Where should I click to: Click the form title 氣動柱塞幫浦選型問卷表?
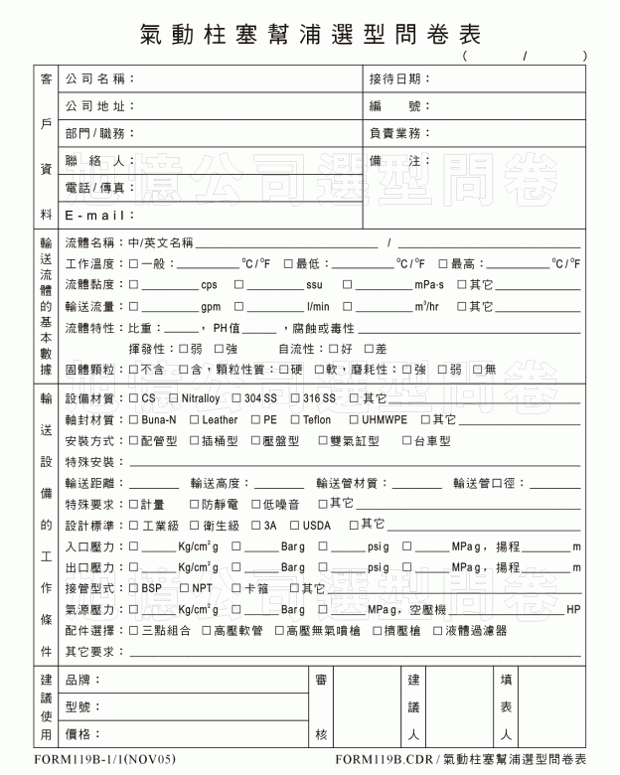pos(312,34)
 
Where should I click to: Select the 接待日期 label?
pos(399,78)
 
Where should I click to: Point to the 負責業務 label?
pos(399,133)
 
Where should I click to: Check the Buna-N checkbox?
pos(134,419)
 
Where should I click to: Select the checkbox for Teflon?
pos(294,419)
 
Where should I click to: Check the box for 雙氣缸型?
pos(323,440)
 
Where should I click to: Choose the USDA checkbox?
pos(294,525)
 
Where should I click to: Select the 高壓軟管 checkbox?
pos(207,630)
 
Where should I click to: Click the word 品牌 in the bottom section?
pos(82,681)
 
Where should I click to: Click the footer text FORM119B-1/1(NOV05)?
pos(96,760)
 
